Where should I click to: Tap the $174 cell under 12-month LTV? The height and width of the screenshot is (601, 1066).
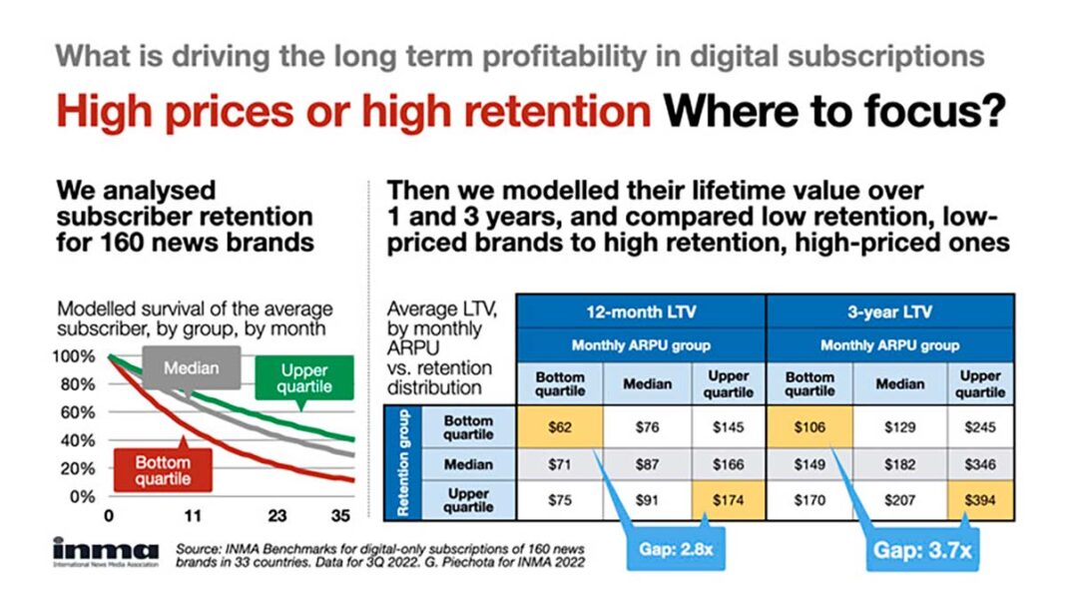[729, 501]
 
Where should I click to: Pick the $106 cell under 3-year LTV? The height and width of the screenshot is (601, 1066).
[809, 426]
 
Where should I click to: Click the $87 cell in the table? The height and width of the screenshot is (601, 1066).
[646, 464]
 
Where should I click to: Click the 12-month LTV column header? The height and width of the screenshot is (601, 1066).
[641, 311]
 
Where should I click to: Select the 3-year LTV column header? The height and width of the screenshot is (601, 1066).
[891, 311]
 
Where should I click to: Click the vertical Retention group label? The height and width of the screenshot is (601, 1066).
[403, 463]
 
